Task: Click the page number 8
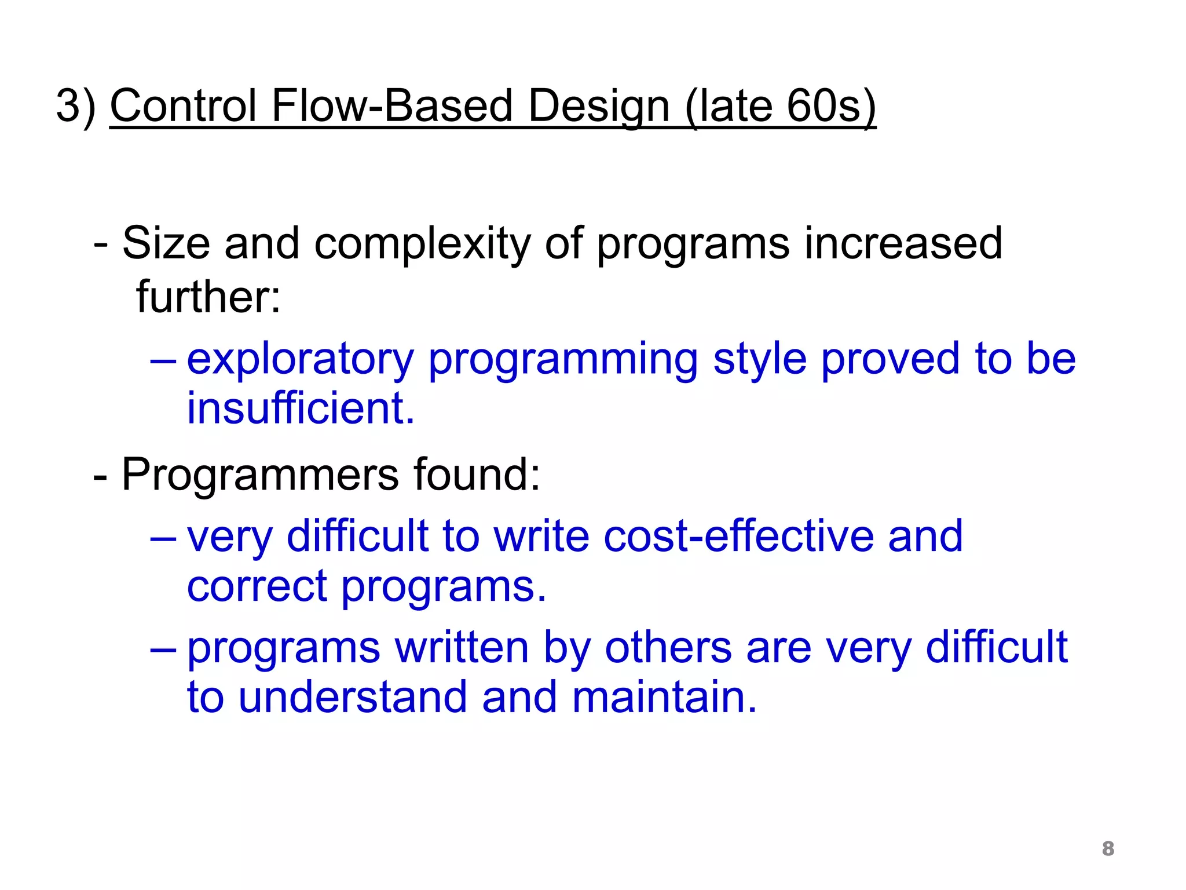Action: [1108, 848]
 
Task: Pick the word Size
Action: [166, 243]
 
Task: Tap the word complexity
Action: [422, 243]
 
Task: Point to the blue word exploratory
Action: [300, 359]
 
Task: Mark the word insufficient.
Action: [301, 408]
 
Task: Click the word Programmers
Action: [260, 475]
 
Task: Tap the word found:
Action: [477, 475]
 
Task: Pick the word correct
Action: [257, 586]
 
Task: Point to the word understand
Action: [352, 696]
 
